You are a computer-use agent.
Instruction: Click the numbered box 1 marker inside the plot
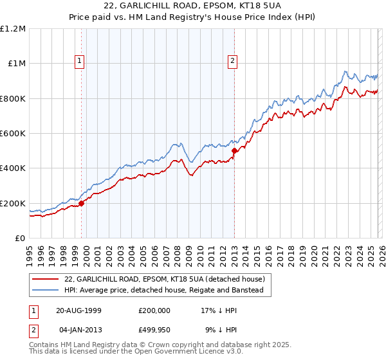tap(80, 62)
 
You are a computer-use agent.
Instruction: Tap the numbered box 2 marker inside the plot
tap(232, 62)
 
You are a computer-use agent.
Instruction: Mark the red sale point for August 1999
tap(82, 203)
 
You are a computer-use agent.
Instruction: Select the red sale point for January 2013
tap(234, 151)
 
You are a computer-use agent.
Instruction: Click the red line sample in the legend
tap(46, 280)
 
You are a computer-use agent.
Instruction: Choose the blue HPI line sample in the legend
tap(46, 291)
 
